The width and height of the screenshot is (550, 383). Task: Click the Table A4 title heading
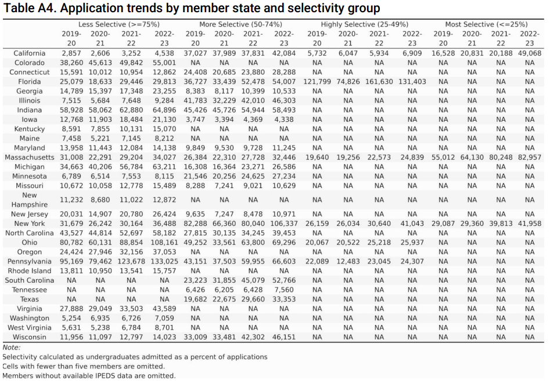point(192,8)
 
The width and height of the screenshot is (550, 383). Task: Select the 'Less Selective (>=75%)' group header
point(119,24)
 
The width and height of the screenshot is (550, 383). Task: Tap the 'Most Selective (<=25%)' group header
point(486,24)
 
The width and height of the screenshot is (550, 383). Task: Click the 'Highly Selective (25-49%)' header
point(365,24)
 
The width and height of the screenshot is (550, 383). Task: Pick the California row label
point(29,53)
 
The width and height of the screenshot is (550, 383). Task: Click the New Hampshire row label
point(30,200)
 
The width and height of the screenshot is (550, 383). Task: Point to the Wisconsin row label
point(29,337)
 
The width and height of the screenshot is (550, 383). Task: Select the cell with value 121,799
point(317,82)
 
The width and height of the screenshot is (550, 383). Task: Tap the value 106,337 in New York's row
point(283,223)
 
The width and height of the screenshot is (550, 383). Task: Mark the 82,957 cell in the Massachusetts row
point(529,157)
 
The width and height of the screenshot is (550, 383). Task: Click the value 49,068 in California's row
point(529,53)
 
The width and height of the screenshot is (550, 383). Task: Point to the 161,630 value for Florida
point(379,82)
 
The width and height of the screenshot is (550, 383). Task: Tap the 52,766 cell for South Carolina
point(283,280)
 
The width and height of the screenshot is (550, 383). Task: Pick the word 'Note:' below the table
point(12,347)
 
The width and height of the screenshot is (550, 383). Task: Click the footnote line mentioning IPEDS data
point(89,375)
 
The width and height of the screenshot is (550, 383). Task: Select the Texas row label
point(29,299)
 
